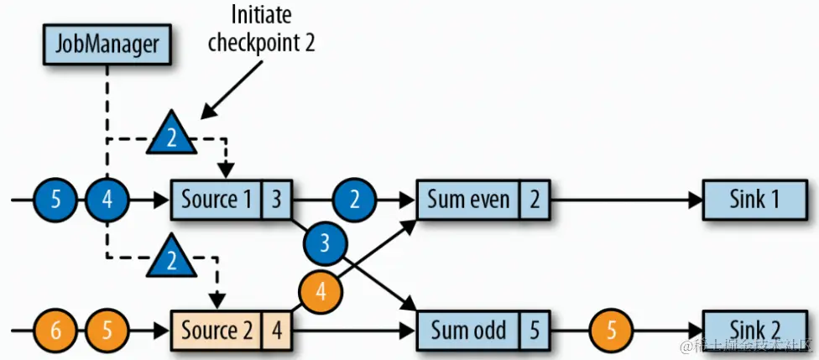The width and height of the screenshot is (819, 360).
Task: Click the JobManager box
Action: pos(107,43)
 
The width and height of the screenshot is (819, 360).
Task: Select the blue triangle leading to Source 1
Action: pos(171,135)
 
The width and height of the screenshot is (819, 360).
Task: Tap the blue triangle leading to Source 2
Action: pos(171,260)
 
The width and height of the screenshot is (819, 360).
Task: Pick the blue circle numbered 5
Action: pos(56,201)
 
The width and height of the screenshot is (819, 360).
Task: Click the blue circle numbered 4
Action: pos(107,201)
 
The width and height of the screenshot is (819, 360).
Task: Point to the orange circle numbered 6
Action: pos(56,330)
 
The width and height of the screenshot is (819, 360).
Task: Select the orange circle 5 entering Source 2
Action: pos(107,330)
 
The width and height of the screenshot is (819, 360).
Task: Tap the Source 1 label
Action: pos(216,200)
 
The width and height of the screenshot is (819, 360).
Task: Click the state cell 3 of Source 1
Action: pos(276,200)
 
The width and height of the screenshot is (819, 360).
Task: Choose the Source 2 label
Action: pos(216,330)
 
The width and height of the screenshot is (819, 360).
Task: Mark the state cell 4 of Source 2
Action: pos(276,330)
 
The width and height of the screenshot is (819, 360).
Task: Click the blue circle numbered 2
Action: pos(354,201)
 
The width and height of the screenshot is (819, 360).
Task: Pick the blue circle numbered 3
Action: pos(326,244)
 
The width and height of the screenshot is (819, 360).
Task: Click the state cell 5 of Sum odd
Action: pos(535,330)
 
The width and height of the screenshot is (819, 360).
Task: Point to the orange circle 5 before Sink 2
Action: pos(610,330)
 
